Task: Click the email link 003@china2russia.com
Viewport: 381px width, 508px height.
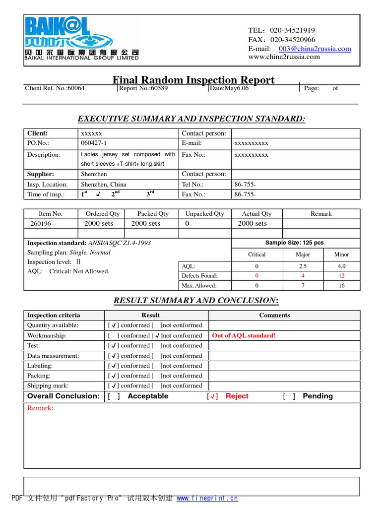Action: coord(315,49)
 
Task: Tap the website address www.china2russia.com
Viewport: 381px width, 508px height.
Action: coord(284,57)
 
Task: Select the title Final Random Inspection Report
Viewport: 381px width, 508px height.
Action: coord(193,80)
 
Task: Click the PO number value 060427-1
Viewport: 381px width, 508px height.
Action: coord(94,143)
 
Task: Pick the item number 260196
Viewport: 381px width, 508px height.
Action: coord(41,223)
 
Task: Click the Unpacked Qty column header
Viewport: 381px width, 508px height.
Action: coord(204,214)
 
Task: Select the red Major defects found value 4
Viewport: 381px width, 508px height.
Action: coord(303,276)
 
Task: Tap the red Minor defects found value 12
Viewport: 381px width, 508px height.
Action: coord(341,276)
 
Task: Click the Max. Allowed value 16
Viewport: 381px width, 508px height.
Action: coord(341,286)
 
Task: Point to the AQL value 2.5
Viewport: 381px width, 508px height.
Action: coord(303,266)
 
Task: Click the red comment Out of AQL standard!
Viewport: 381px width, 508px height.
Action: coord(244,335)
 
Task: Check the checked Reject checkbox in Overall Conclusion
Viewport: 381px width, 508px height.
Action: coord(212,396)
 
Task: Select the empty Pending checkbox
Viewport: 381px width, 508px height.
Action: coord(289,396)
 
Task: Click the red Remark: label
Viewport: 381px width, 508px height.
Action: coord(40,408)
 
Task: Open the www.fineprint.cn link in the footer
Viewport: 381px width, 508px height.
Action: coord(207,498)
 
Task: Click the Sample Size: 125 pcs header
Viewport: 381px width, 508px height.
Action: coord(295,243)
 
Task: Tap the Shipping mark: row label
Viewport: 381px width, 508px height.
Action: coord(48,385)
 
